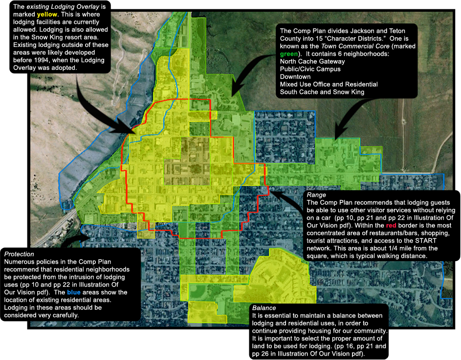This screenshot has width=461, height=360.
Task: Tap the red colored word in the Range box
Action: [392, 225]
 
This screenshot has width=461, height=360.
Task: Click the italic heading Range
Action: [317, 195]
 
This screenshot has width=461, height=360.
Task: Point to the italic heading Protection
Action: [20, 254]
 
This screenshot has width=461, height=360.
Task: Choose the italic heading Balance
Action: [264, 308]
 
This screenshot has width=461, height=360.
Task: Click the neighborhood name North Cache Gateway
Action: [312, 61]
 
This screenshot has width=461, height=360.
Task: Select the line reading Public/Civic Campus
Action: [310, 69]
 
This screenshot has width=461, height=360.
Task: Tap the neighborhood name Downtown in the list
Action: [295, 77]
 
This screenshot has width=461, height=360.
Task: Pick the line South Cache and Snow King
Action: [322, 92]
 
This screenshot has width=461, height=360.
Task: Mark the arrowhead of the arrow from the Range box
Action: [271, 191]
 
